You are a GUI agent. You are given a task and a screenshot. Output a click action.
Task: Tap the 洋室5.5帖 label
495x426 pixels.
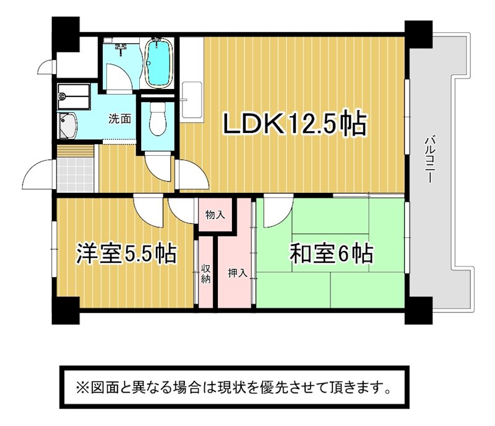pos(126,253)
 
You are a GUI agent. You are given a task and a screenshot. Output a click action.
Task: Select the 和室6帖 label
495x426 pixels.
pos(332,253)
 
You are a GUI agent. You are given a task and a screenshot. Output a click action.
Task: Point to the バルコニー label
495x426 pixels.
pos(429,160)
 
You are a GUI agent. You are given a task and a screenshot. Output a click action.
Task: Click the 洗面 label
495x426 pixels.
pos(119,119)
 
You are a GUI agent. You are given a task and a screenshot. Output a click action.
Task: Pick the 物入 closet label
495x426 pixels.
pos(215,215)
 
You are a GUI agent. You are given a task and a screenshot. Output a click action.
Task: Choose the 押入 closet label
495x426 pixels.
pos(238,273)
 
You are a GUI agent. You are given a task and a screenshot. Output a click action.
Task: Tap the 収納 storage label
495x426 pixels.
pos(206,274)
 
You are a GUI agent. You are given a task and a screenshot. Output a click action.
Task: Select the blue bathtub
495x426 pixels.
pos(160,62)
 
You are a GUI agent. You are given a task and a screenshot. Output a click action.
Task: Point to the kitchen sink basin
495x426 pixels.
pos(192,100)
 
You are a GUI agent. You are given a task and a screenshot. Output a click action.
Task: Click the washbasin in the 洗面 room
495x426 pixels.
pos(67,126)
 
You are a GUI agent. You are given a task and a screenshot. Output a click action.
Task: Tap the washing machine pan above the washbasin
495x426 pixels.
pos(74,96)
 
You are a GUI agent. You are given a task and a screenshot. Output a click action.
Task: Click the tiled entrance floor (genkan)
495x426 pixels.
pos(75,175)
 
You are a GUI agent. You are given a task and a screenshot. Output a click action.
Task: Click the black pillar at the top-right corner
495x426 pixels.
pos(418,34)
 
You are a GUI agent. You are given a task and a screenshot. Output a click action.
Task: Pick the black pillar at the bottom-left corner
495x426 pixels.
pos(66,310)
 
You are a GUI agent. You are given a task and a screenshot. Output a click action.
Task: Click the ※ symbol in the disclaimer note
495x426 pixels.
pos(82,387)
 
